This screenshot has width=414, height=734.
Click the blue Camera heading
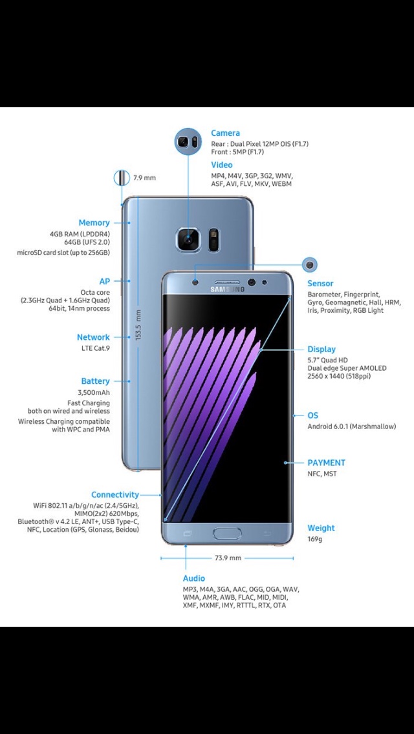click(x=225, y=133)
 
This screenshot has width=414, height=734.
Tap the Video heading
click(x=222, y=165)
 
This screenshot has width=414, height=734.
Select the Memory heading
click(x=94, y=223)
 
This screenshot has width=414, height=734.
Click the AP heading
click(x=104, y=282)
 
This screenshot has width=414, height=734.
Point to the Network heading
click(x=93, y=337)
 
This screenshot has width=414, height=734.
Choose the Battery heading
click(x=95, y=381)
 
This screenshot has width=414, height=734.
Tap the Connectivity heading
click(x=114, y=495)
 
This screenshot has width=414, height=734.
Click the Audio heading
click(x=194, y=578)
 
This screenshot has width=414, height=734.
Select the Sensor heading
click(x=320, y=284)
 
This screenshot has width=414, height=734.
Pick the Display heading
click(x=321, y=350)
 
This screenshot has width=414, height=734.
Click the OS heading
click(x=313, y=415)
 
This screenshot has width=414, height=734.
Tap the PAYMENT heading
click(x=326, y=463)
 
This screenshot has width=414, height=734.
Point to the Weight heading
click(x=321, y=528)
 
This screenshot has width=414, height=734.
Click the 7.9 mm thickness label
click(x=144, y=178)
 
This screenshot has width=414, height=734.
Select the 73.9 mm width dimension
click(x=228, y=558)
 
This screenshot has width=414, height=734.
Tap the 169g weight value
click(x=314, y=539)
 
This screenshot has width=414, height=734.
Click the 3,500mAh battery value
click(x=94, y=392)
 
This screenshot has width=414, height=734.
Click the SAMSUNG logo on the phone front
click(x=227, y=289)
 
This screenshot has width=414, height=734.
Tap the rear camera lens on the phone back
click(x=189, y=240)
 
